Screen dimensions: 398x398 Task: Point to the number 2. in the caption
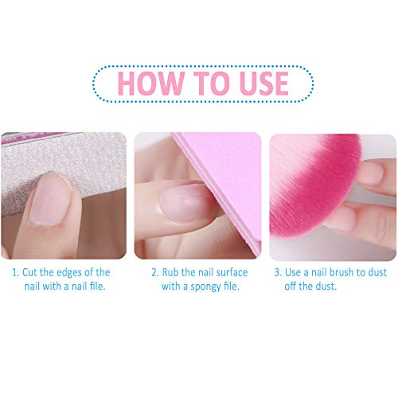(x=154, y=272)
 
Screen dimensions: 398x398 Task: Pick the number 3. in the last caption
(x=278, y=272)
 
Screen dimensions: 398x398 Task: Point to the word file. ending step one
(x=98, y=287)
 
